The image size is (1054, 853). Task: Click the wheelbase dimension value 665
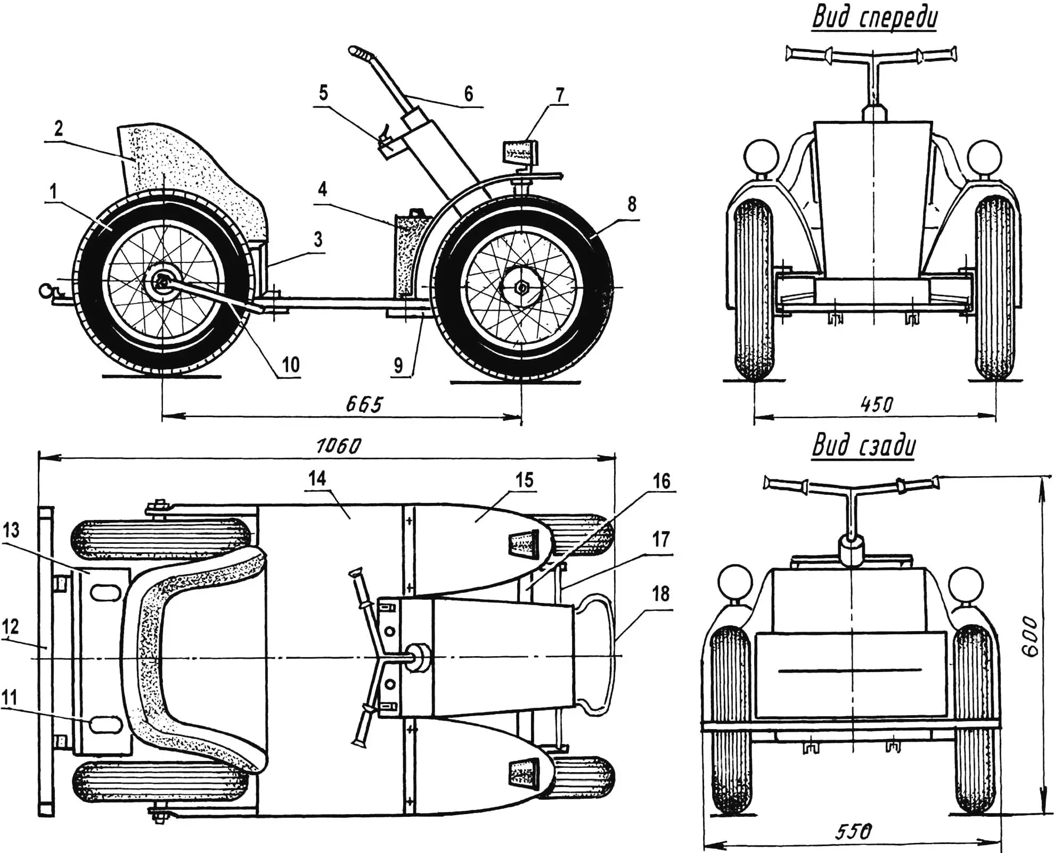364,404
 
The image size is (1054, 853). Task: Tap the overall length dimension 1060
339,445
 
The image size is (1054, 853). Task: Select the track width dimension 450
876,405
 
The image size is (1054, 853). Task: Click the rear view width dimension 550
853,831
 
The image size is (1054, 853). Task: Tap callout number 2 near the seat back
59,128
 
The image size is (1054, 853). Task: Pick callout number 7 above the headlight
559,95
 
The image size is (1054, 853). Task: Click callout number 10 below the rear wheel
290,365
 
